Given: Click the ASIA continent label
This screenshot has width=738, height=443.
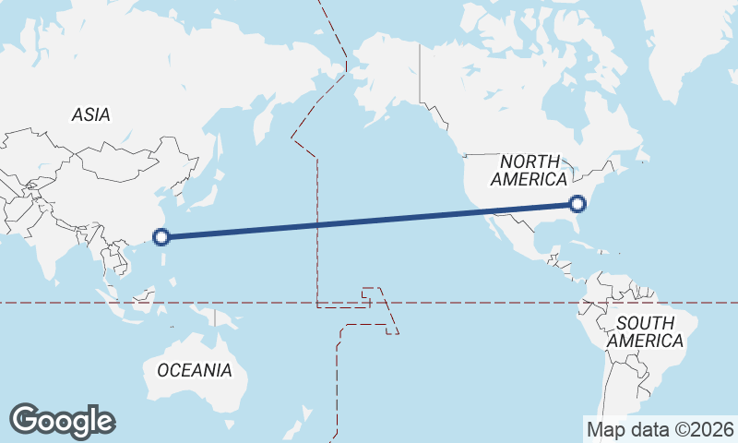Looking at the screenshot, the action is (x=90, y=115).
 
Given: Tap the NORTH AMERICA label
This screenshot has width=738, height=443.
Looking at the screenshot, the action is (x=529, y=170).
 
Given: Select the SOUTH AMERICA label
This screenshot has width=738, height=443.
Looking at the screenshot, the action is (x=649, y=331).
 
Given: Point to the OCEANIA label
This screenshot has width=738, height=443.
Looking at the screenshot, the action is (x=195, y=371).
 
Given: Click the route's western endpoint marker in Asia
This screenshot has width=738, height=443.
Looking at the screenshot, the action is (x=161, y=236).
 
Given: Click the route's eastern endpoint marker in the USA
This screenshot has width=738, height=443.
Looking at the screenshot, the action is (x=578, y=204).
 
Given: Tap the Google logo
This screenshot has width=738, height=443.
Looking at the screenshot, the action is (x=62, y=421).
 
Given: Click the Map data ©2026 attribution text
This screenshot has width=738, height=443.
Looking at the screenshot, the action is (x=661, y=429).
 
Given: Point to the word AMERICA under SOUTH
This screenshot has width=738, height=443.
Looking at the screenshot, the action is (x=649, y=341).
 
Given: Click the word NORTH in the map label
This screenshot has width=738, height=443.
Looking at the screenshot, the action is (x=529, y=161).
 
